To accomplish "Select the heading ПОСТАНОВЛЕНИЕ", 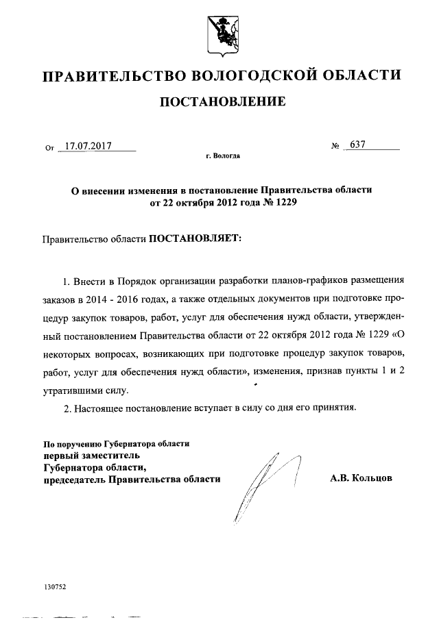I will click(x=222, y=103).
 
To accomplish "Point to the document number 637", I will click(x=358, y=145).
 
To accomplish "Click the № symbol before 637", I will click(x=336, y=146).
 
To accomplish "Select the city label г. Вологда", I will click(x=222, y=156).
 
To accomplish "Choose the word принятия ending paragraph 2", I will click(x=335, y=408).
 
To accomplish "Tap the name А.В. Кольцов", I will click(x=361, y=479).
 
